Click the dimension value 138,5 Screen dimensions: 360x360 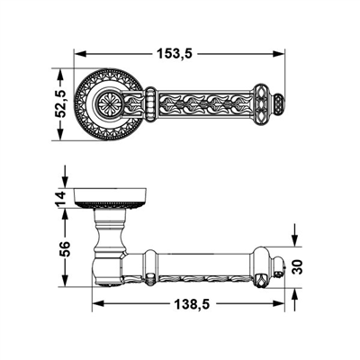point(190,306)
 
